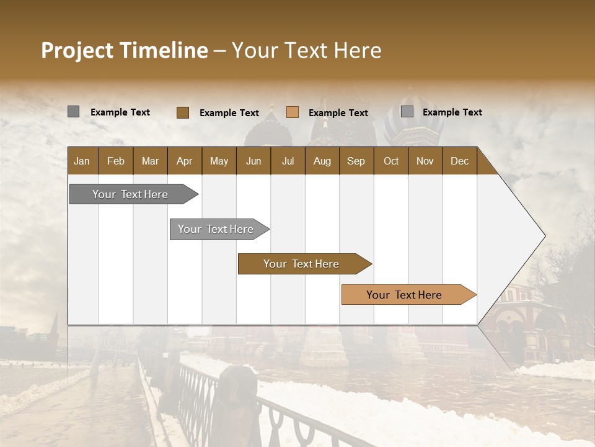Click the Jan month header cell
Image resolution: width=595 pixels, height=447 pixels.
pos(82,161)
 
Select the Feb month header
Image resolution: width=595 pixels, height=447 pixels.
pos(116,161)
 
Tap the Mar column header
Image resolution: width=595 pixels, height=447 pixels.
pos(150,161)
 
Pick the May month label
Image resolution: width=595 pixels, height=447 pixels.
pos(219,161)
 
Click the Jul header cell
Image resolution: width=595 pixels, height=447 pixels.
pos(288,161)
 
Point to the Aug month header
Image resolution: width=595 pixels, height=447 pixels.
pos(322,161)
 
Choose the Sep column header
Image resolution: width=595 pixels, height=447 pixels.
pos(356,161)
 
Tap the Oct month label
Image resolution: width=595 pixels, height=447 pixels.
pos(391,161)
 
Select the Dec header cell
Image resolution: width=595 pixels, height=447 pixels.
pos(459,161)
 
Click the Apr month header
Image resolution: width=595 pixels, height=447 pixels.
pos(184,161)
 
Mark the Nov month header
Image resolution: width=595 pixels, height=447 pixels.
pos(425,161)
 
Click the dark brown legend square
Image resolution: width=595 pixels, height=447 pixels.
pos(182,112)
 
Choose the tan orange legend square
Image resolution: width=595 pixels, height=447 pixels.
pos(293,112)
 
